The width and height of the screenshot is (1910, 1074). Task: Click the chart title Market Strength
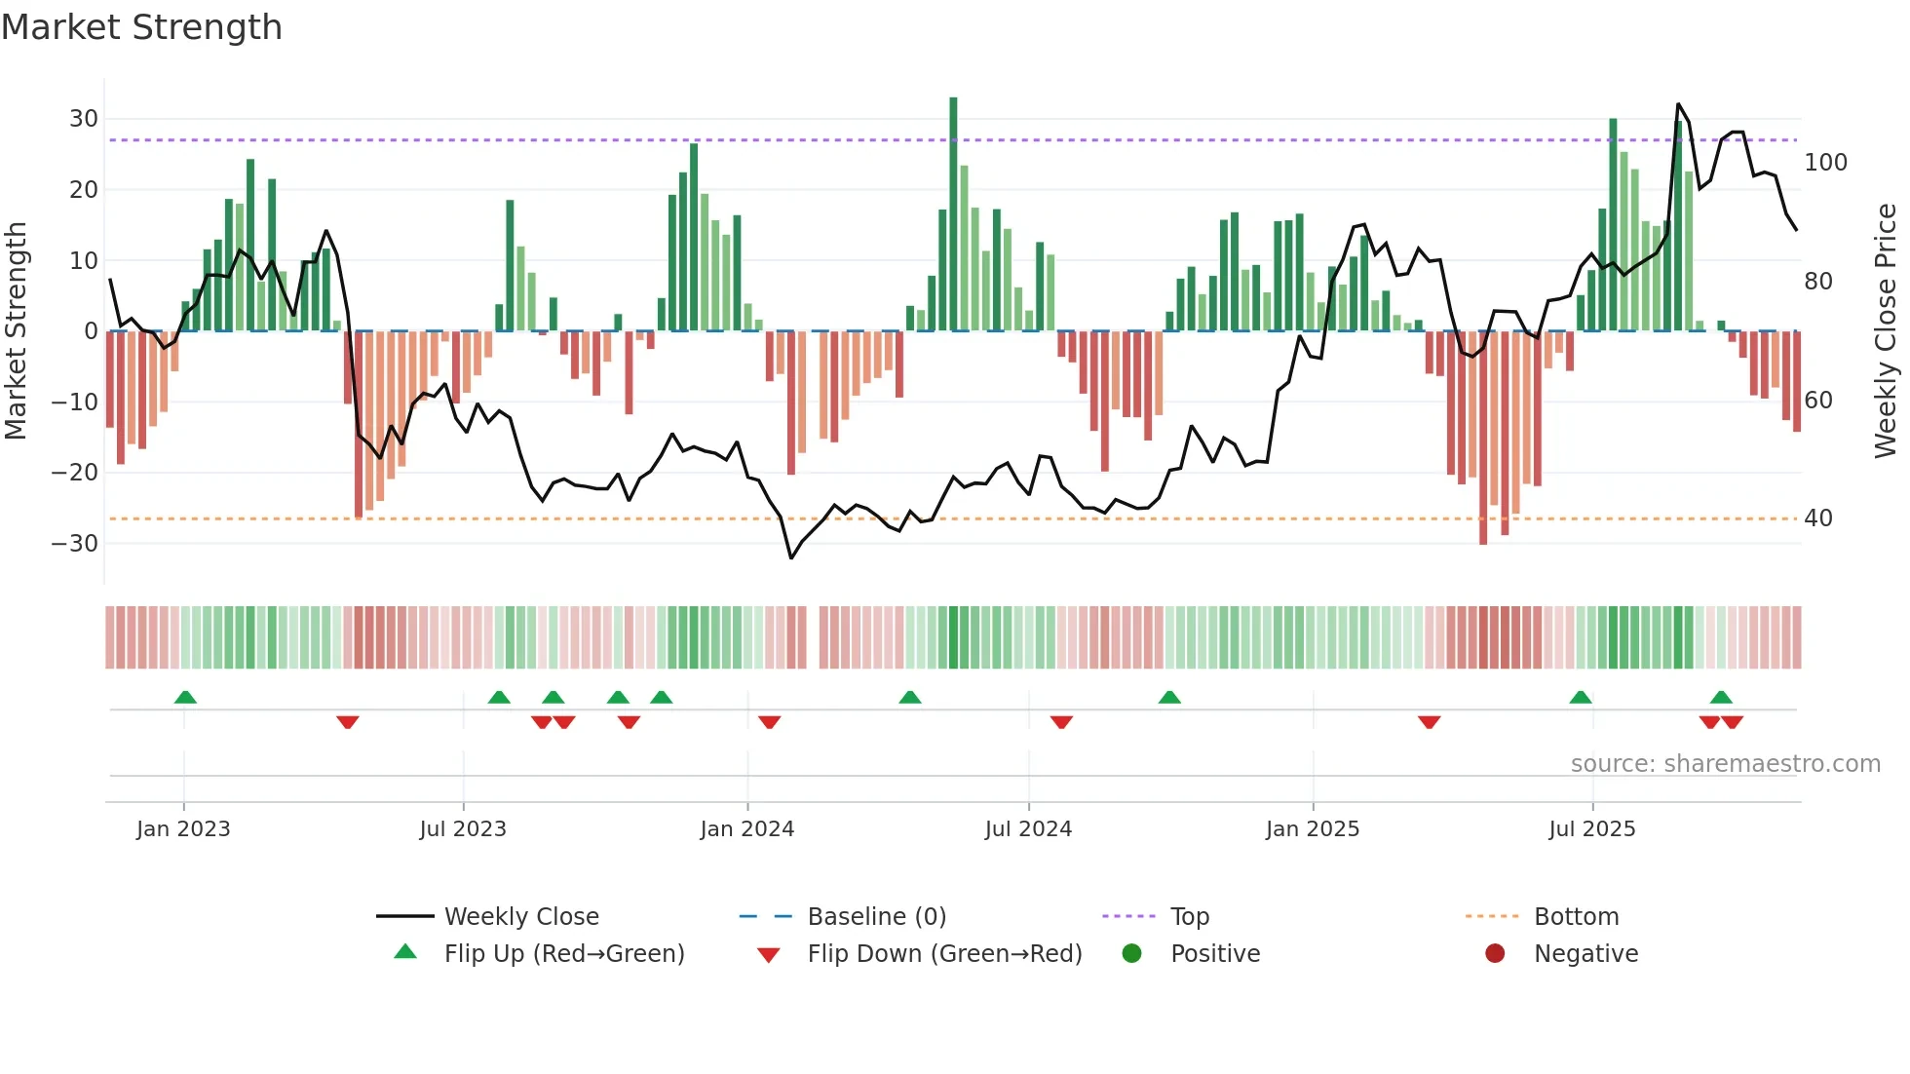click(x=141, y=27)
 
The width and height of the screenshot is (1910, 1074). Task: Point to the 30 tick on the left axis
click(x=84, y=119)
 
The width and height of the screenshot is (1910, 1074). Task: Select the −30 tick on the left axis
click(x=75, y=543)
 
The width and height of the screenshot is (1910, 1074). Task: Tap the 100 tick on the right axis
click(x=1825, y=162)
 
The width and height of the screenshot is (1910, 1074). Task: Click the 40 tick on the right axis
click(x=1818, y=518)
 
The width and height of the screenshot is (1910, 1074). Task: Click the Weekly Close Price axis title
click(x=1886, y=331)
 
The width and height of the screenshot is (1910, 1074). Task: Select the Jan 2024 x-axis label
click(x=746, y=829)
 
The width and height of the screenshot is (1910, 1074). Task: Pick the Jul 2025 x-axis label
click(x=1591, y=829)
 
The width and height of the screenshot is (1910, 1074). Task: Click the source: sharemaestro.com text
click(x=1725, y=763)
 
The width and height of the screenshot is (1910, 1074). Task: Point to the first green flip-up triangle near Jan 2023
click(x=185, y=697)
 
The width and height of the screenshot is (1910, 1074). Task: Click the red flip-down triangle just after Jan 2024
click(x=769, y=722)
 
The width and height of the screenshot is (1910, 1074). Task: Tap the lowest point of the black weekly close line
click(x=791, y=557)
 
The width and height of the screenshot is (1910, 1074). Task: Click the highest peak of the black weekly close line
click(x=1678, y=104)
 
